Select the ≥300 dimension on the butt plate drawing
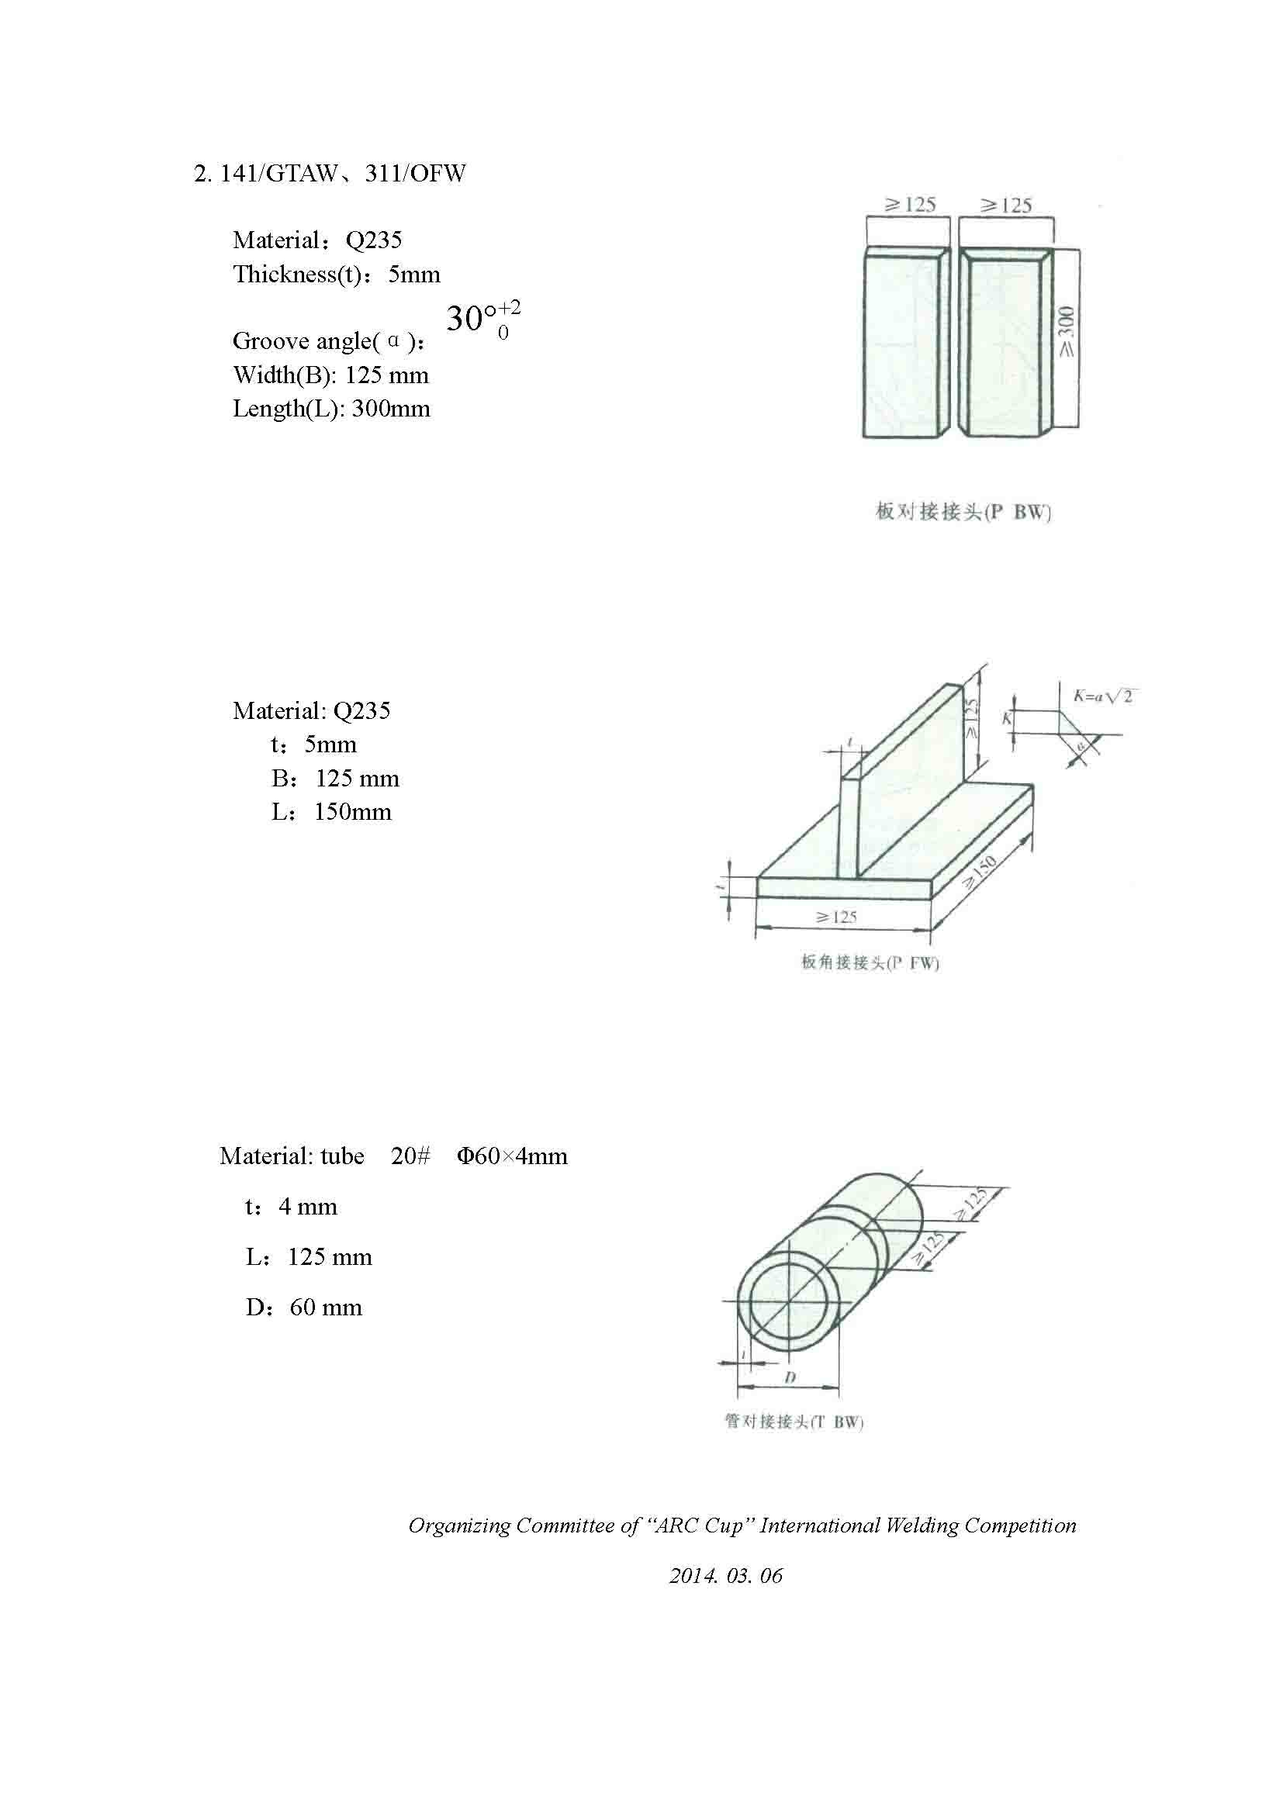(x=1067, y=331)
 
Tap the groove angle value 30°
(x=471, y=320)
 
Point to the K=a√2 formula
(x=1103, y=696)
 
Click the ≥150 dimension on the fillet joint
(x=980, y=874)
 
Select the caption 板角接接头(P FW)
(x=870, y=962)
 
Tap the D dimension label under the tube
(x=789, y=1377)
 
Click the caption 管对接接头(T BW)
(x=794, y=1422)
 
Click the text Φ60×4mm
(x=512, y=1156)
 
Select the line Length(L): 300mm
(x=331, y=409)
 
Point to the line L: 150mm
(x=331, y=812)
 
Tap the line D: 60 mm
(x=303, y=1308)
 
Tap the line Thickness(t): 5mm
(x=336, y=274)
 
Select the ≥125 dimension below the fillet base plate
(x=837, y=917)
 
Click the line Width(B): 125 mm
(x=330, y=375)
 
